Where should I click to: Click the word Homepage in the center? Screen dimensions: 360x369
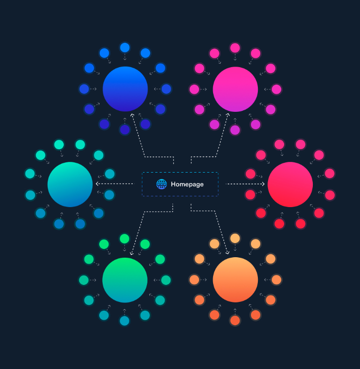(187, 184)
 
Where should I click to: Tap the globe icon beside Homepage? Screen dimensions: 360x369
(162, 184)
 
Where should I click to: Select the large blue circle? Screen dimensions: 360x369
(125, 89)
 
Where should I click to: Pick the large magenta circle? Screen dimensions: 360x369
(235, 89)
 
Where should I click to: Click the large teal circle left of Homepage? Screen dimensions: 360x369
(70, 185)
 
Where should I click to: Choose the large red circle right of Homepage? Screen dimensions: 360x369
(290, 185)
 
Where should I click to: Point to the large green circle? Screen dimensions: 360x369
(125, 280)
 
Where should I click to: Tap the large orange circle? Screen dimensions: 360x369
(235, 280)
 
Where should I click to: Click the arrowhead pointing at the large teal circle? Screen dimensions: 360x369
(97, 184)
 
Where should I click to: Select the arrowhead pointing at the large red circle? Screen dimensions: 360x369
(263, 184)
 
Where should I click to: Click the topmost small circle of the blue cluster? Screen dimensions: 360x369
(125, 48)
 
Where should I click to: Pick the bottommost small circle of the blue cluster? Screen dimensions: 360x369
(125, 130)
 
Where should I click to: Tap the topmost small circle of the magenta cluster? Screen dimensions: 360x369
(235, 48)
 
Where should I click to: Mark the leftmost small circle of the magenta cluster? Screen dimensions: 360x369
(194, 89)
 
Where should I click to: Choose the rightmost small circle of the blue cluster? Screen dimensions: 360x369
(166, 89)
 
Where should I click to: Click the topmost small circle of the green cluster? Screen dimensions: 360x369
(125, 239)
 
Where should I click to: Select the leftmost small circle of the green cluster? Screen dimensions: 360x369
(84, 280)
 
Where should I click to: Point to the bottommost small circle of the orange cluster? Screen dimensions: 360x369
(235, 320)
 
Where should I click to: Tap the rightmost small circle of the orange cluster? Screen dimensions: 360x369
(276, 280)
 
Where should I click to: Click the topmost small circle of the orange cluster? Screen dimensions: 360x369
(235, 238)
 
